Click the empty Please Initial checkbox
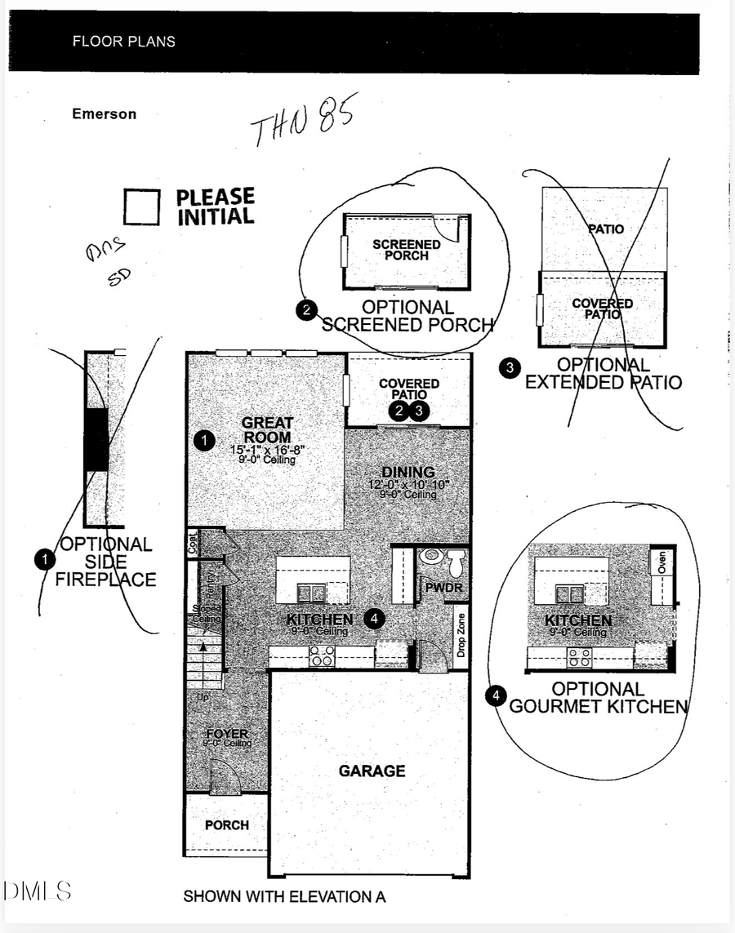(x=141, y=207)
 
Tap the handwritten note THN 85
(x=302, y=123)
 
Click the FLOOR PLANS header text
(x=123, y=41)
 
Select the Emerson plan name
(x=104, y=114)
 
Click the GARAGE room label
(x=372, y=771)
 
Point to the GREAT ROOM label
(x=267, y=430)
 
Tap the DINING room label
(x=408, y=473)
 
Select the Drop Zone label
(x=461, y=635)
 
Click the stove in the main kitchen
(x=321, y=655)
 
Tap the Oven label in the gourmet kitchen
(x=661, y=563)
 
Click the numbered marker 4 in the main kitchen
(x=374, y=620)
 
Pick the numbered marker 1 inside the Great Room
(x=204, y=442)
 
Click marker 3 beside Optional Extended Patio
(x=510, y=368)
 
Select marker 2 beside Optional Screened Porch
(x=305, y=310)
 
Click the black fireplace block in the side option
(x=96, y=439)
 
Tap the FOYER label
(x=227, y=735)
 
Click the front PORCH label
(x=227, y=825)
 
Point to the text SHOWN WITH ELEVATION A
(x=284, y=896)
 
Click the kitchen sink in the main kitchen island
(x=312, y=592)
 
